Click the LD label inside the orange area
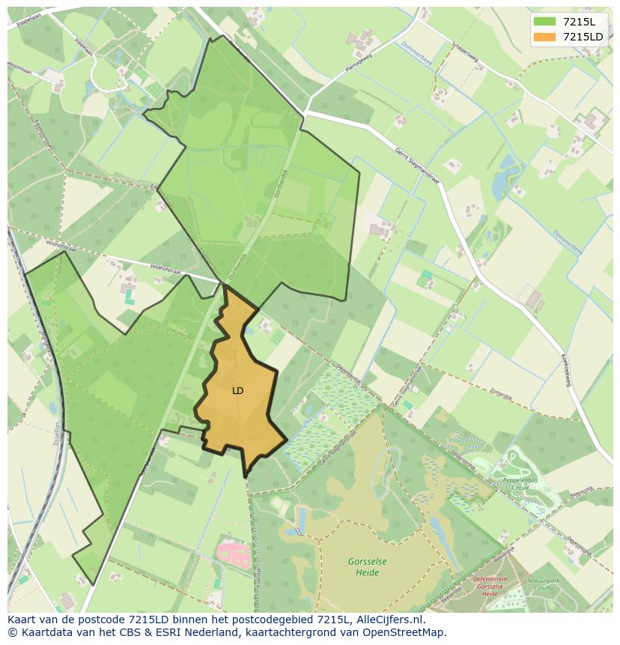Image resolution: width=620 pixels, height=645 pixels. coord(237,391)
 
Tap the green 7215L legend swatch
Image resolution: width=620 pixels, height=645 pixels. coord(544,21)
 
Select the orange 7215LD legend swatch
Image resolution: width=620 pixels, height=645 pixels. coord(544,37)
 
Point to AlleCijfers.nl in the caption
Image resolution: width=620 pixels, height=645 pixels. coord(391,620)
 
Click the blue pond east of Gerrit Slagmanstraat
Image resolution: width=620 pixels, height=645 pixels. coord(500,177)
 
